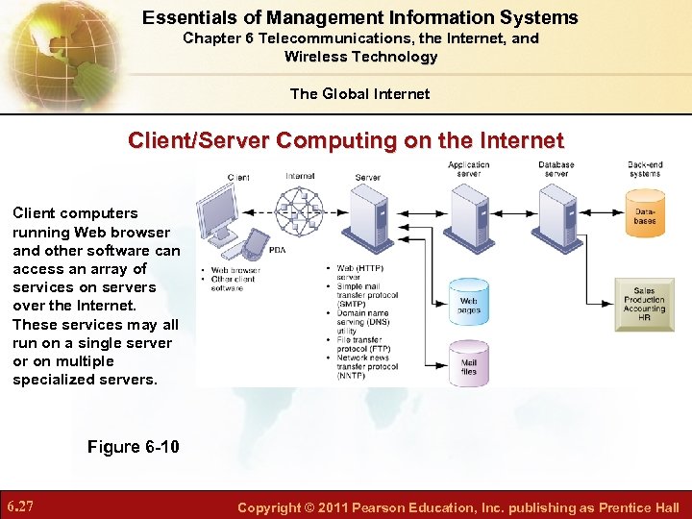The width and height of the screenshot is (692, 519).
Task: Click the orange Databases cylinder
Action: coord(645,216)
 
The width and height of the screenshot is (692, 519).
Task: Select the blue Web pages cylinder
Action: coord(468,301)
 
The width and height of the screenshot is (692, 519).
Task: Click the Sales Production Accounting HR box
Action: coord(644,304)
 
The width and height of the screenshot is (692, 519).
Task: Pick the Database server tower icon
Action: coord(556,211)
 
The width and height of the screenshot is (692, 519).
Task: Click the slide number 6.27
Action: coord(21,507)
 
